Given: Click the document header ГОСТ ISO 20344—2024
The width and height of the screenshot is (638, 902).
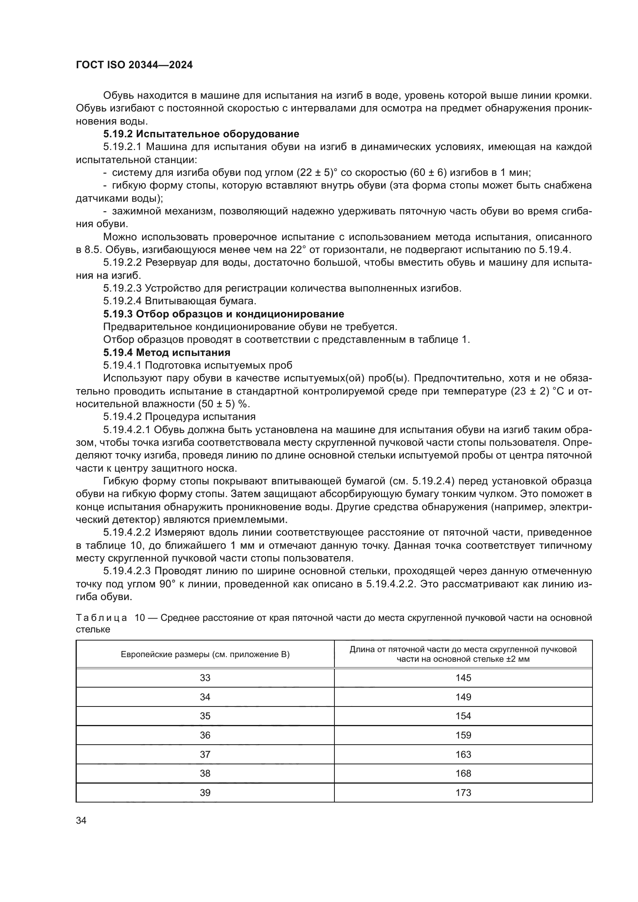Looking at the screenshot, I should [x=134, y=65].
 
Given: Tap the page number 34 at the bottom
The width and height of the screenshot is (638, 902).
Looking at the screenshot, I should [x=81, y=820].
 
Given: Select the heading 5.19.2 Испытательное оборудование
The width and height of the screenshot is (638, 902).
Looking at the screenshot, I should [x=201, y=134].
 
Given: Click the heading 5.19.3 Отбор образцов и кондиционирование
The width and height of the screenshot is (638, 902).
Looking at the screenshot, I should [x=224, y=314].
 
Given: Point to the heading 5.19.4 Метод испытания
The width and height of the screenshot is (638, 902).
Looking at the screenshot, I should [x=167, y=352].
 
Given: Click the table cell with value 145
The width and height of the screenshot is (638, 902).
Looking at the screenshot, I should [x=463, y=678].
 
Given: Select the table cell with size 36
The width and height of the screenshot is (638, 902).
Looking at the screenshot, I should [x=205, y=735].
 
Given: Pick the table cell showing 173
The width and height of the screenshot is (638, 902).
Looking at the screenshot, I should [x=463, y=792].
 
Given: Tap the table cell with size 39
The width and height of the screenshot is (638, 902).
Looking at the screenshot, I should [x=205, y=792].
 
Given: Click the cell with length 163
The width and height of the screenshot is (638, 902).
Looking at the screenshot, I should [x=463, y=754].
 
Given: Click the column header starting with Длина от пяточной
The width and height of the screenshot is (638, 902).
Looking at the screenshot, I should [x=463, y=654].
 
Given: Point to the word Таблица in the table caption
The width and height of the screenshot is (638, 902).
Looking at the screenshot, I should [x=101, y=618].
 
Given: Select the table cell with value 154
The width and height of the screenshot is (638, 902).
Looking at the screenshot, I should [x=463, y=716].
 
